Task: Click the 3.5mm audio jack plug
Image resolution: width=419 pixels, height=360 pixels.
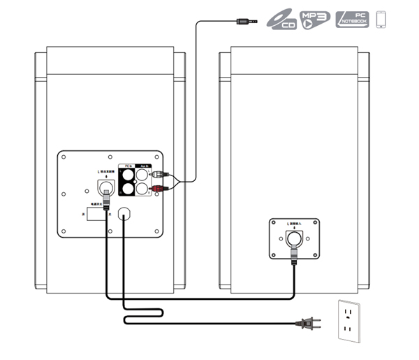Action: pos(244,21)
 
